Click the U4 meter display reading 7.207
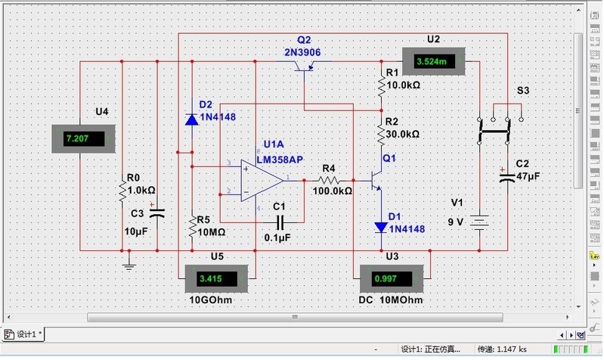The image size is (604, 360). pyautogui.click(x=82, y=139)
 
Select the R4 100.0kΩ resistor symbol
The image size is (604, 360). pyautogui.click(x=329, y=181)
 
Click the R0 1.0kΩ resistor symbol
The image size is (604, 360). pyautogui.click(x=121, y=191)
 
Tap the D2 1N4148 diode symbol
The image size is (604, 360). pyautogui.click(x=191, y=119)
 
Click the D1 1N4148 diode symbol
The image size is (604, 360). pyautogui.click(x=381, y=227)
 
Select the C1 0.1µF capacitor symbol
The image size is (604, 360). pyautogui.click(x=280, y=222)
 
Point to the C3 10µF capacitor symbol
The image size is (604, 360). pyautogui.click(x=156, y=213)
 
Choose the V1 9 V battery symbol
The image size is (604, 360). pyautogui.click(x=479, y=222)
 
